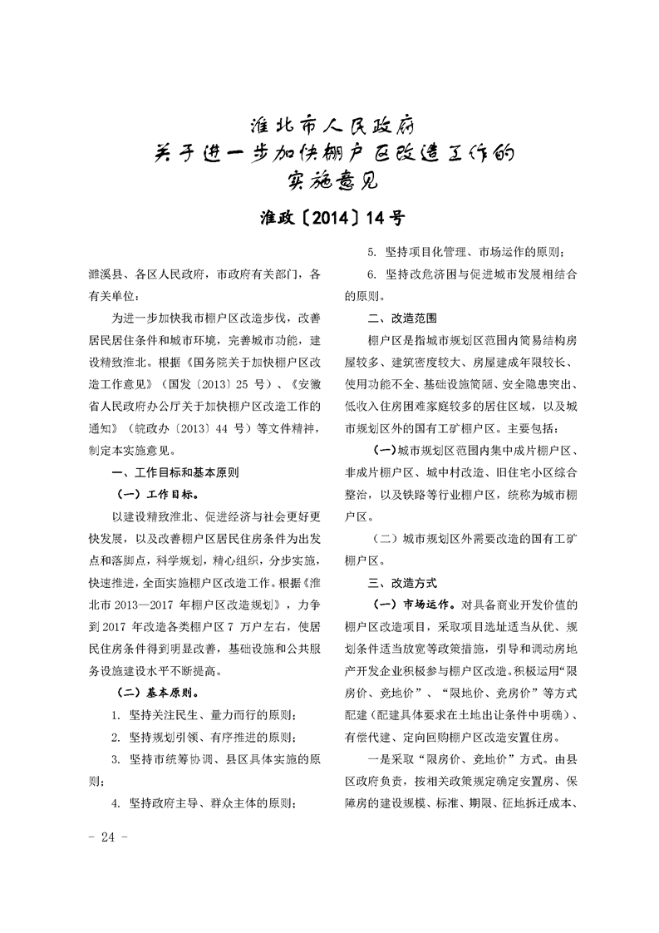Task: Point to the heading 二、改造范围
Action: tap(402, 317)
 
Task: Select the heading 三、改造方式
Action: tap(402, 583)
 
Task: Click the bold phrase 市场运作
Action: tap(428, 605)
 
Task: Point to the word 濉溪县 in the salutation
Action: tap(106, 274)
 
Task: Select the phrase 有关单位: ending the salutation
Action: tap(117, 295)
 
